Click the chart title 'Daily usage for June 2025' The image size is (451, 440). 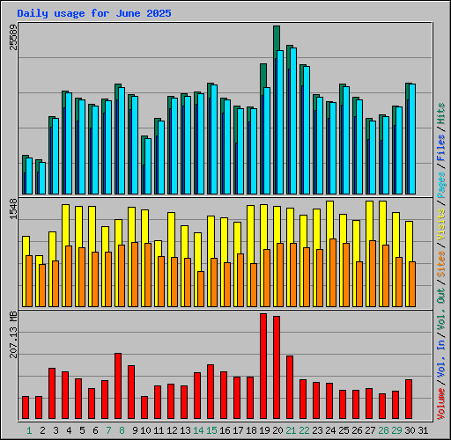94,14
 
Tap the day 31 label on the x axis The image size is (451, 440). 423,430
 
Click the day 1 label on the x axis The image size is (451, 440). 29,430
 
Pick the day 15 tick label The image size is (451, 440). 211,430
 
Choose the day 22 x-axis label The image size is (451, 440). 304,430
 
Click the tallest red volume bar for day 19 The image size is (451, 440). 263,366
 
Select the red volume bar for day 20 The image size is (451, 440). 277,368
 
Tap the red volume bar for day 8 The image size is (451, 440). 118,386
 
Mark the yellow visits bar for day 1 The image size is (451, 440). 26,246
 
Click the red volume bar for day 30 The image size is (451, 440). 409,400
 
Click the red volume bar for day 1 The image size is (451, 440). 26,407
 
